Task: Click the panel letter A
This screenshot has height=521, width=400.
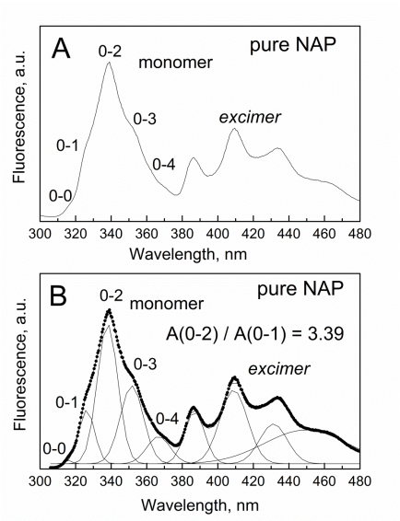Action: click(61, 48)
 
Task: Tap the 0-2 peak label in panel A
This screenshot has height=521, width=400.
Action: click(110, 52)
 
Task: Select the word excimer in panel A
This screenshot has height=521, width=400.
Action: click(250, 117)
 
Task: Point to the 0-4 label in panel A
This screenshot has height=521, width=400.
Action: click(163, 164)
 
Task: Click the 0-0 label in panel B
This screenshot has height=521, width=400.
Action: click(54, 449)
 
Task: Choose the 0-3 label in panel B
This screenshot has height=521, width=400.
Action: click(145, 365)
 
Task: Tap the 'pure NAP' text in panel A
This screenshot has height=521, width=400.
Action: click(292, 44)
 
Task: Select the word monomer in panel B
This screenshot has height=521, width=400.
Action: click(166, 304)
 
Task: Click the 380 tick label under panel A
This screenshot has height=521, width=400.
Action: click(182, 234)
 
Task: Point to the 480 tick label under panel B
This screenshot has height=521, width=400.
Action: click(359, 480)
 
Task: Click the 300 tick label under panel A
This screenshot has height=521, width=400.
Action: click(41, 234)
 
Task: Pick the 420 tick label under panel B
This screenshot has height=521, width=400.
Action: click(253, 480)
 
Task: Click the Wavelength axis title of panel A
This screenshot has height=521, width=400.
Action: click(188, 255)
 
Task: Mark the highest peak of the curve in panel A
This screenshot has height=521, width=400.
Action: click(109, 63)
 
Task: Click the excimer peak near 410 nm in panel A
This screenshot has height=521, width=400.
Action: click(234, 129)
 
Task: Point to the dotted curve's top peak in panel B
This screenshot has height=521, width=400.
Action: click(109, 310)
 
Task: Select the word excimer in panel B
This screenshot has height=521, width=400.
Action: click(279, 369)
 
